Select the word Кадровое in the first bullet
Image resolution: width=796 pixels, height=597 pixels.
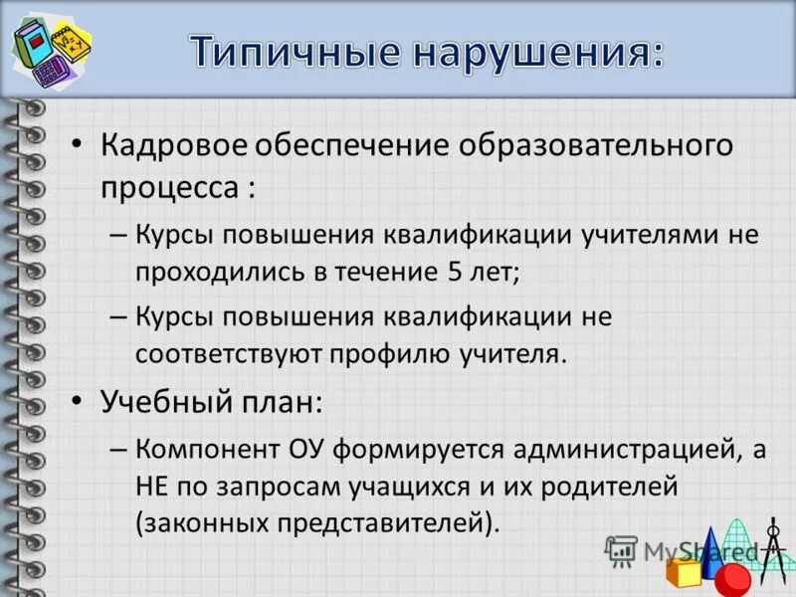pos(170,145)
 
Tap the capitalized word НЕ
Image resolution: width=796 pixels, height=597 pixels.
pos(152,487)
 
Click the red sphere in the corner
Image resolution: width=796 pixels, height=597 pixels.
pos(732,577)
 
